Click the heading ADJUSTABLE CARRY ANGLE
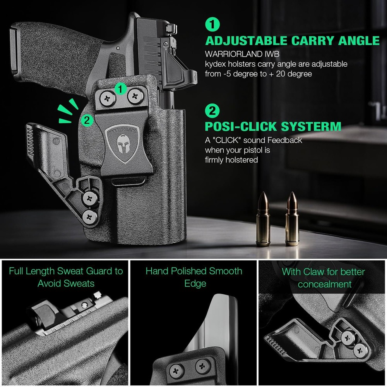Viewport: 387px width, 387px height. [x=292, y=41]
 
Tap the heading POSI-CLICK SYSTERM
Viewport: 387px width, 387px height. [x=273, y=126]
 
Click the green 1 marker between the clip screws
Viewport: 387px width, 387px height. [x=121, y=89]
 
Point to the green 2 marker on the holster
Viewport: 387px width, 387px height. [x=87, y=120]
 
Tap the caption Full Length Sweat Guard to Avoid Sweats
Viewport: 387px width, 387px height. [x=66, y=277]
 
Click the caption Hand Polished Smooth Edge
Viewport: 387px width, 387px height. [x=194, y=277]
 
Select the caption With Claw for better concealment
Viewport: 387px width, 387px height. [x=324, y=278]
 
